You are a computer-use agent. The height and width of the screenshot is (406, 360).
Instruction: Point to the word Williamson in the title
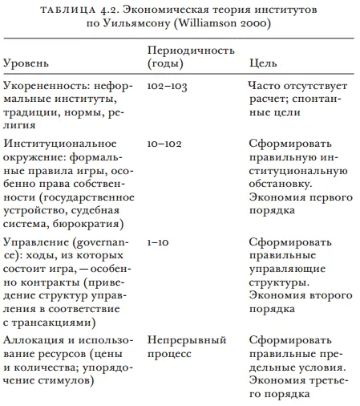(x=236, y=25)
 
